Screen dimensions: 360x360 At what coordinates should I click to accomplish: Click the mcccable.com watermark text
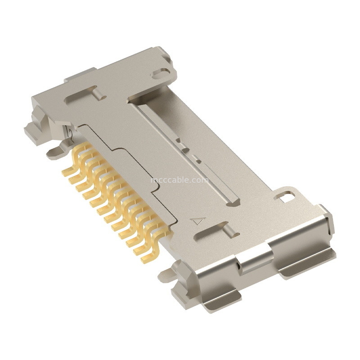point(179,180)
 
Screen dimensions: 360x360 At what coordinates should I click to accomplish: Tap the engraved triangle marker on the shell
point(198,221)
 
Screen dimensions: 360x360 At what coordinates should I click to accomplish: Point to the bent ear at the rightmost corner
point(326,220)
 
